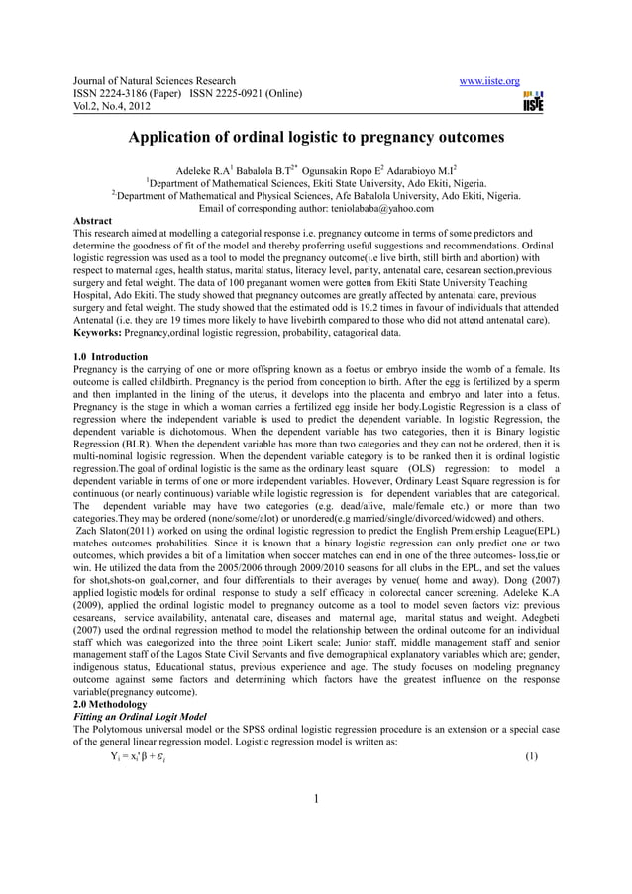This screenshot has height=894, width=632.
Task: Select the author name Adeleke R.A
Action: tap(205, 169)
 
